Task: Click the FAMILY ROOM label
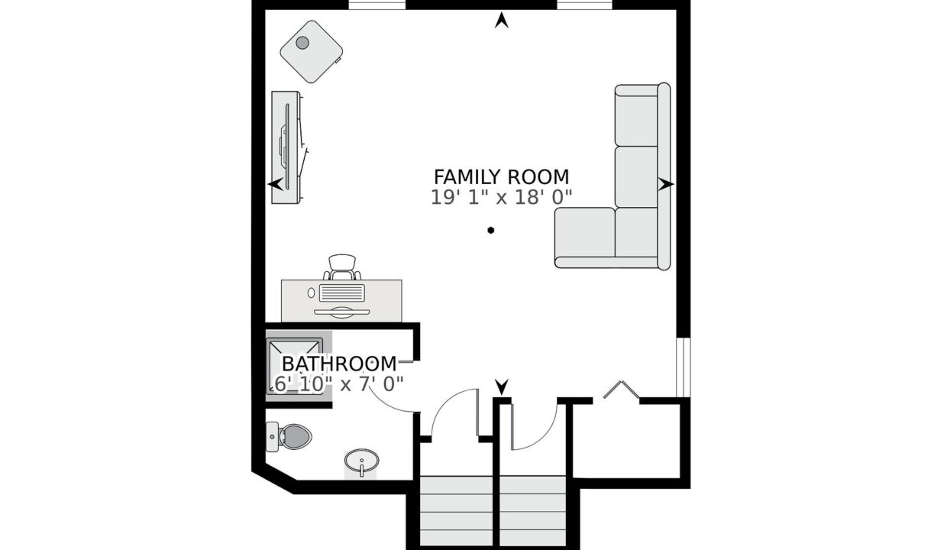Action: [x=502, y=177]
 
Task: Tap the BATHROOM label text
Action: [x=339, y=364]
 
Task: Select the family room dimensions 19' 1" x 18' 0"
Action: [x=502, y=197]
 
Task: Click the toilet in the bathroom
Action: [x=289, y=436]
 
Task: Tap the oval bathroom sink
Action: [x=361, y=461]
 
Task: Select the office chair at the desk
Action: [x=342, y=267]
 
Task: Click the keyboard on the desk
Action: [x=341, y=293]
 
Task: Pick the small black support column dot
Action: [x=490, y=231]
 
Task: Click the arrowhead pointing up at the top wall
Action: [x=502, y=21]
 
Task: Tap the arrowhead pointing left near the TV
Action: [x=275, y=184]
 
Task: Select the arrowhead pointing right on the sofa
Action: [x=666, y=184]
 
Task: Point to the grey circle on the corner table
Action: [x=302, y=42]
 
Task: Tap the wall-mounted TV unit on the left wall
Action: [x=286, y=147]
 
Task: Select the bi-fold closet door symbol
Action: [x=621, y=390]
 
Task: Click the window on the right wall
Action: [x=684, y=367]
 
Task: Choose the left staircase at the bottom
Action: [x=456, y=511]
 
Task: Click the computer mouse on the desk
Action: [x=312, y=293]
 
